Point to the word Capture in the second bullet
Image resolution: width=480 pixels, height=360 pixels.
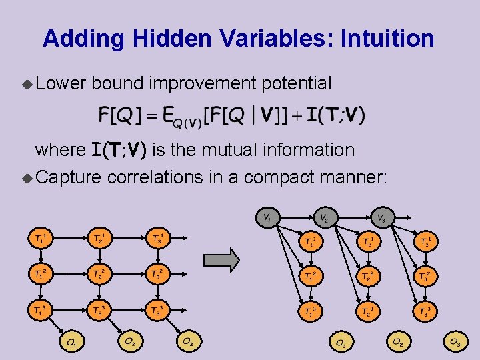coord(68,177)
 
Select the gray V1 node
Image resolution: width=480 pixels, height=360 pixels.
coord(266,217)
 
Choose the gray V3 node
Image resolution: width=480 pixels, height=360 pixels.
coord(381,217)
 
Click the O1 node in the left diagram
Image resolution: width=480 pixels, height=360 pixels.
coord(71,343)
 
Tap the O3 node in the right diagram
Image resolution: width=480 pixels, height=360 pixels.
coord(455,343)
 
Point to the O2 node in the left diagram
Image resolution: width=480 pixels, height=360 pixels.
coord(129,341)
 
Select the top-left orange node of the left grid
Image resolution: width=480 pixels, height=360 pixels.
coord(40,237)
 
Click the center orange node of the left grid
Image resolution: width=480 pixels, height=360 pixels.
coord(98,273)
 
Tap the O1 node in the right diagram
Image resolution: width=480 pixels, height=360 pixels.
coord(340,343)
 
